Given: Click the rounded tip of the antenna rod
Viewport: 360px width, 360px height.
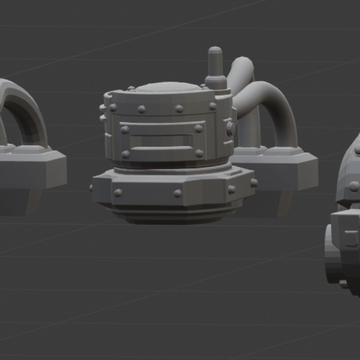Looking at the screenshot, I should click(215, 51).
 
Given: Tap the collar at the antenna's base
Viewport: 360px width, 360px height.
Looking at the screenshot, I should click(215, 81).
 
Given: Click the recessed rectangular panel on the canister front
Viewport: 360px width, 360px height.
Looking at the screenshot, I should click(161, 140).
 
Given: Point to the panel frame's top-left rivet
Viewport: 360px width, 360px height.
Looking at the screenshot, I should click(124, 129).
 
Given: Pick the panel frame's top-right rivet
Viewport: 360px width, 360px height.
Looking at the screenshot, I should click(198, 128).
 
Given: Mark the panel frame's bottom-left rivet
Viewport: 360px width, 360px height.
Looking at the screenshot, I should click(125, 154).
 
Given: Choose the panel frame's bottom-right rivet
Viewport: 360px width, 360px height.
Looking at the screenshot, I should click(199, 153).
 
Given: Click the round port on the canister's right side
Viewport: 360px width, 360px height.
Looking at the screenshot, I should click(230, 129).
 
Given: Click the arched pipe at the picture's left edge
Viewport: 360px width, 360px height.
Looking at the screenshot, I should click(22, 107).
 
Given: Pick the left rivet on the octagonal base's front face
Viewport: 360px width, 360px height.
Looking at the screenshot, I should click(118, 192).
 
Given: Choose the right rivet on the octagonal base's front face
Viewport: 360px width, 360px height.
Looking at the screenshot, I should click(178, 193).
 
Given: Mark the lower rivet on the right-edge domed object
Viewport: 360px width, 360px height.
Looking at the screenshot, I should click(354, 186).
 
